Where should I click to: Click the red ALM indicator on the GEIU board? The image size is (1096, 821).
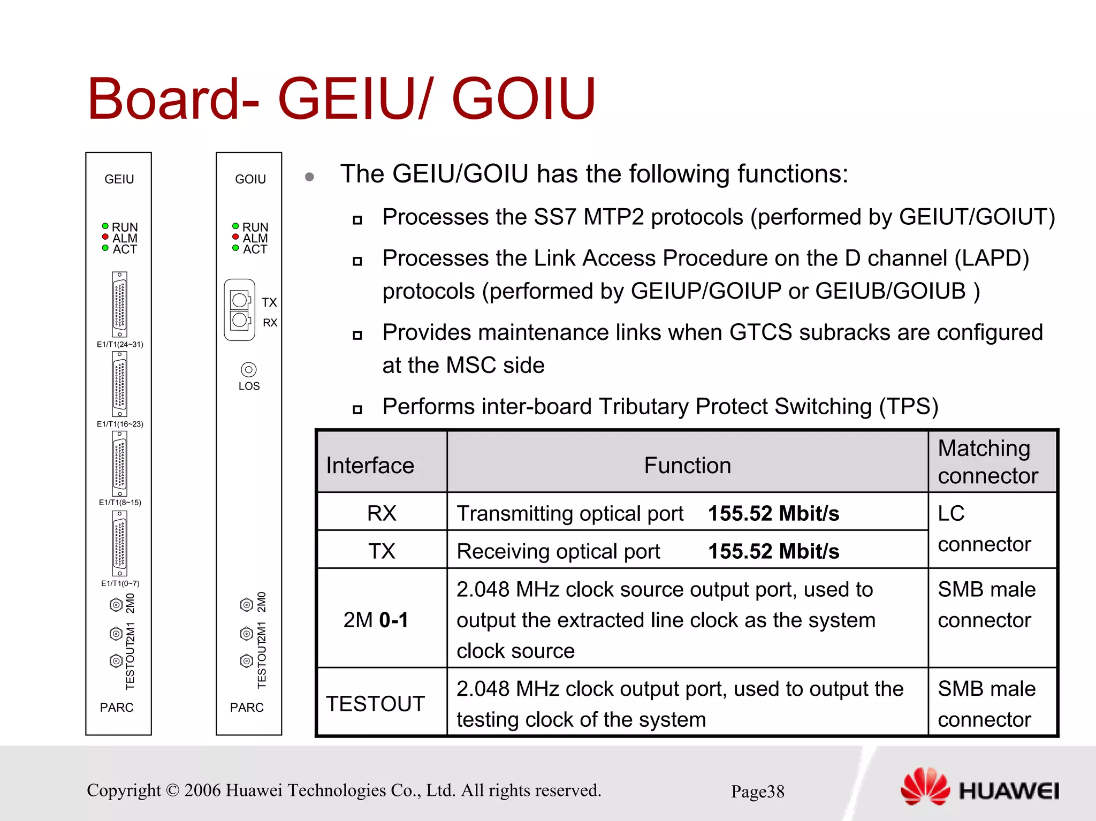point(105,237)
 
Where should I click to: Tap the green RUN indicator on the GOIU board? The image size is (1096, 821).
point(235,226)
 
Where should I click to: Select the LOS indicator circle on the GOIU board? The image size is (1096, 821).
point(249,369)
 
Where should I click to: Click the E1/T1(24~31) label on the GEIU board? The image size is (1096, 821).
point(120,344)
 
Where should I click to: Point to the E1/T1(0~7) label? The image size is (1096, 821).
point(120,583)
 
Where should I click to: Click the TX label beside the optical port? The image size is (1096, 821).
point(269,302)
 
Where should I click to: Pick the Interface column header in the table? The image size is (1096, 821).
point(370,465)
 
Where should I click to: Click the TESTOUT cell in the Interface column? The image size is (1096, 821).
point(375,703)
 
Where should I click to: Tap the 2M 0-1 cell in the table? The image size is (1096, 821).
point(376,620)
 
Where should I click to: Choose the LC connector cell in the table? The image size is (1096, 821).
point(985,529)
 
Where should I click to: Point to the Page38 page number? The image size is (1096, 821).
point(757,792)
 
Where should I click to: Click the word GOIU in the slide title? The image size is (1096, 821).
point(523,99)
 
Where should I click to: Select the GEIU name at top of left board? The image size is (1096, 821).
point(119,179)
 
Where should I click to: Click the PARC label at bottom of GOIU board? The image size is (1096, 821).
point(247,708)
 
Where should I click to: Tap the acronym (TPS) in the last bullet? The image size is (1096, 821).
point(909,407)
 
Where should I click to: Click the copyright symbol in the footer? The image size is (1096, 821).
point(172,790)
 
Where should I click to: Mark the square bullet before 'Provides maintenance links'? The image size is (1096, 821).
point(357,336)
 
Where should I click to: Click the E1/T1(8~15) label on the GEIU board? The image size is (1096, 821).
point(120,503)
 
